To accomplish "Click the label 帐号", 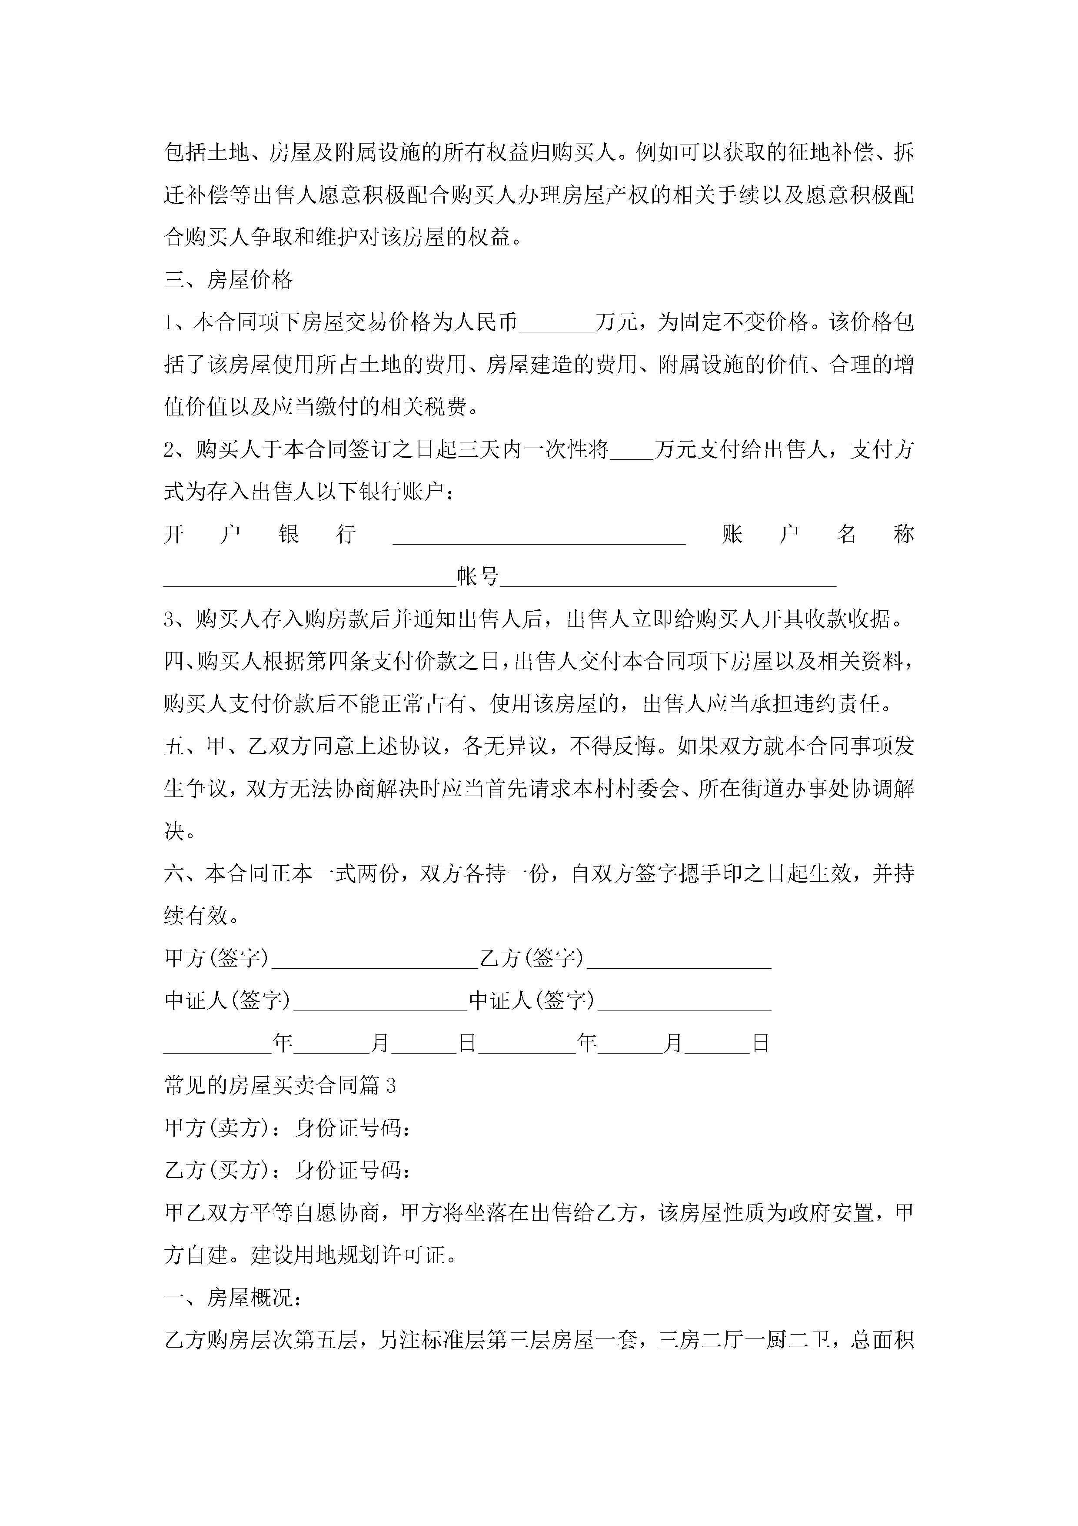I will (478, 576).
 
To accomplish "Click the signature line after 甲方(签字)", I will (375, 960).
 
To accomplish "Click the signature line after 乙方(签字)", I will (679, 960).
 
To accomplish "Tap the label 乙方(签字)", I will (531, 958).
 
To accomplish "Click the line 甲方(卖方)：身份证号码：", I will (287, 1128).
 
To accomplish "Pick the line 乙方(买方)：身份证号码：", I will (287, 1171).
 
